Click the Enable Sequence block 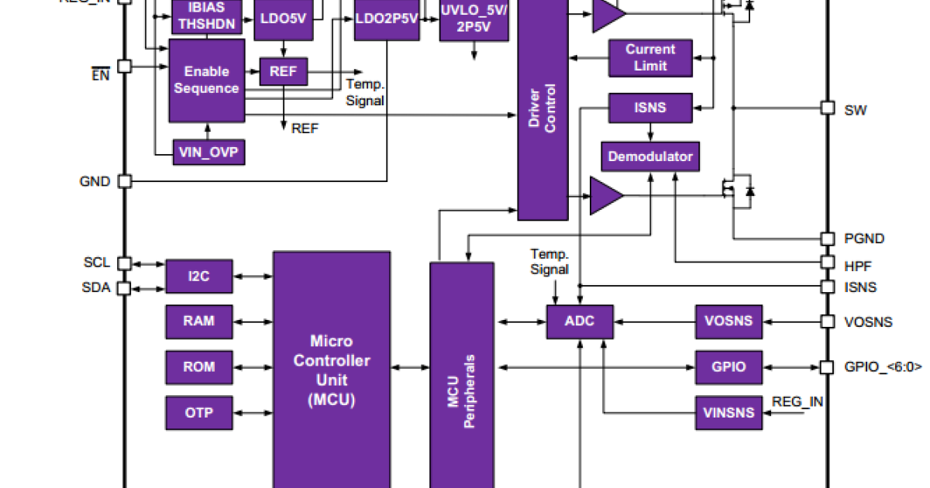point(207,80)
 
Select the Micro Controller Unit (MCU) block point(331,370)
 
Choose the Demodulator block point(650,156)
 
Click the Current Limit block point(650,57)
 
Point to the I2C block point(199,276)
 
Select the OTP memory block point(199,412)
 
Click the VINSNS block point(728,412)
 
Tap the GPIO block point(728,366)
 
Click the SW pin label point(855,110)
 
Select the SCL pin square point(124,263)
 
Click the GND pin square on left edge point(124,181)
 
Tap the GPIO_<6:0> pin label point(883,367)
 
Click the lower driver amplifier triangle point(605,195)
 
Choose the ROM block point(199,366)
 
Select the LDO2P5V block point(387,15)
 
